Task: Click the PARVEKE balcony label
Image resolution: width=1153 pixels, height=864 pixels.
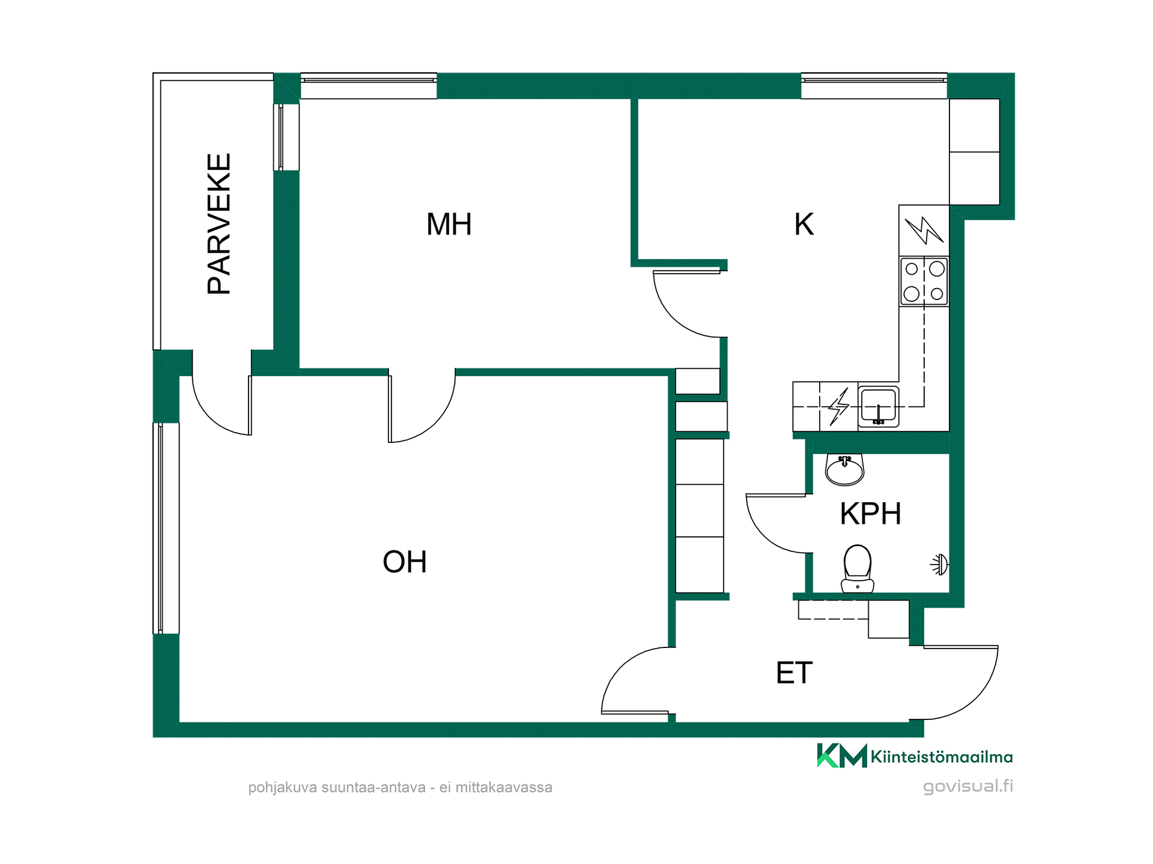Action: tap(219, 224)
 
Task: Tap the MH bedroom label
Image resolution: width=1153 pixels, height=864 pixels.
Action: tap(449, 224)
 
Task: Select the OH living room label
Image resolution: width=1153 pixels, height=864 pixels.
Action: tap(405, 562)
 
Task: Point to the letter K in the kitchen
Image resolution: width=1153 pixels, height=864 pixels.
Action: tap(803, 224)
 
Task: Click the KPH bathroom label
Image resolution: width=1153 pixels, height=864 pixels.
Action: tap(870, 514)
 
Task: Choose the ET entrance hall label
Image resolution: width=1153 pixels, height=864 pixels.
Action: tap(794, 673)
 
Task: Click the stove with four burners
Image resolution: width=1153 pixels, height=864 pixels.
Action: tap(924, 281)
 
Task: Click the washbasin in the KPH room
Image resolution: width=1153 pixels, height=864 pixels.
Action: tap(844, 469)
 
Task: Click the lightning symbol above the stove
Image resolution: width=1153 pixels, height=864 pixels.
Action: tap(924, 230)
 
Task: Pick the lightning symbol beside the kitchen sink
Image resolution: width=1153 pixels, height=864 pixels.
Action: tap(838, 407)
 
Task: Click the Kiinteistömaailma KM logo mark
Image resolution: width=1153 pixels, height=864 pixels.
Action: tap(842, 755)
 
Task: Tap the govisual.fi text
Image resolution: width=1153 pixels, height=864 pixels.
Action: tap(968, 786)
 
